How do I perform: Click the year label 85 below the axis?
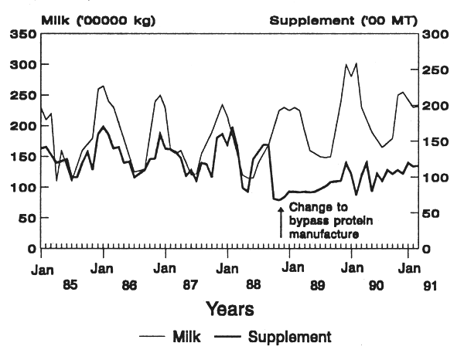[70, 285]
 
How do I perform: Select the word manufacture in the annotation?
[324, 233]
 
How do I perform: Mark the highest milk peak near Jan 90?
[356, 64]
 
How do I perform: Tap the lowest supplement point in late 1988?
[279, 200]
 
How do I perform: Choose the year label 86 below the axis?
[129, 285]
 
